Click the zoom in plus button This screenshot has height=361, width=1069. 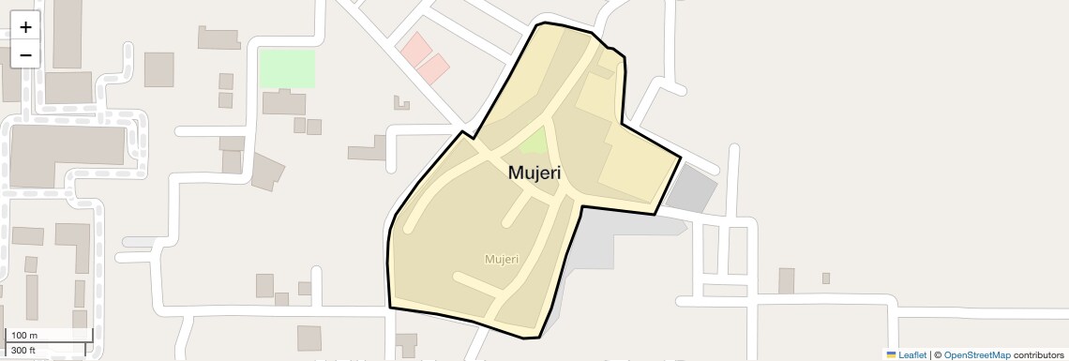click(x=25, y=27)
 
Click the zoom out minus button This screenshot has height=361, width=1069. click(x=25, y=54)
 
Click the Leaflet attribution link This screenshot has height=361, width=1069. click(x=911, y=354)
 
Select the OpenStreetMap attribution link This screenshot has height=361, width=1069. click(x=976, y=354)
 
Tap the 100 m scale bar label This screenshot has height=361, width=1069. click(x=24, y=336)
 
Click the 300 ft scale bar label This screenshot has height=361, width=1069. click(x=23, y=351)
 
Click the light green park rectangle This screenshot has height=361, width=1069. click(x=287, y=68)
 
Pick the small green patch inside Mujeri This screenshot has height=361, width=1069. click(x=534, y=143)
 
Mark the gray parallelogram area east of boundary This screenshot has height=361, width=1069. click(x=692, y=187)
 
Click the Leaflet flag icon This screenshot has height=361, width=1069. click(x=891, y=354)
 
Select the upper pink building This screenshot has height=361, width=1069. click(x=414, y=48)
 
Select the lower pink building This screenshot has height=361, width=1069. click(x=432, y=67)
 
